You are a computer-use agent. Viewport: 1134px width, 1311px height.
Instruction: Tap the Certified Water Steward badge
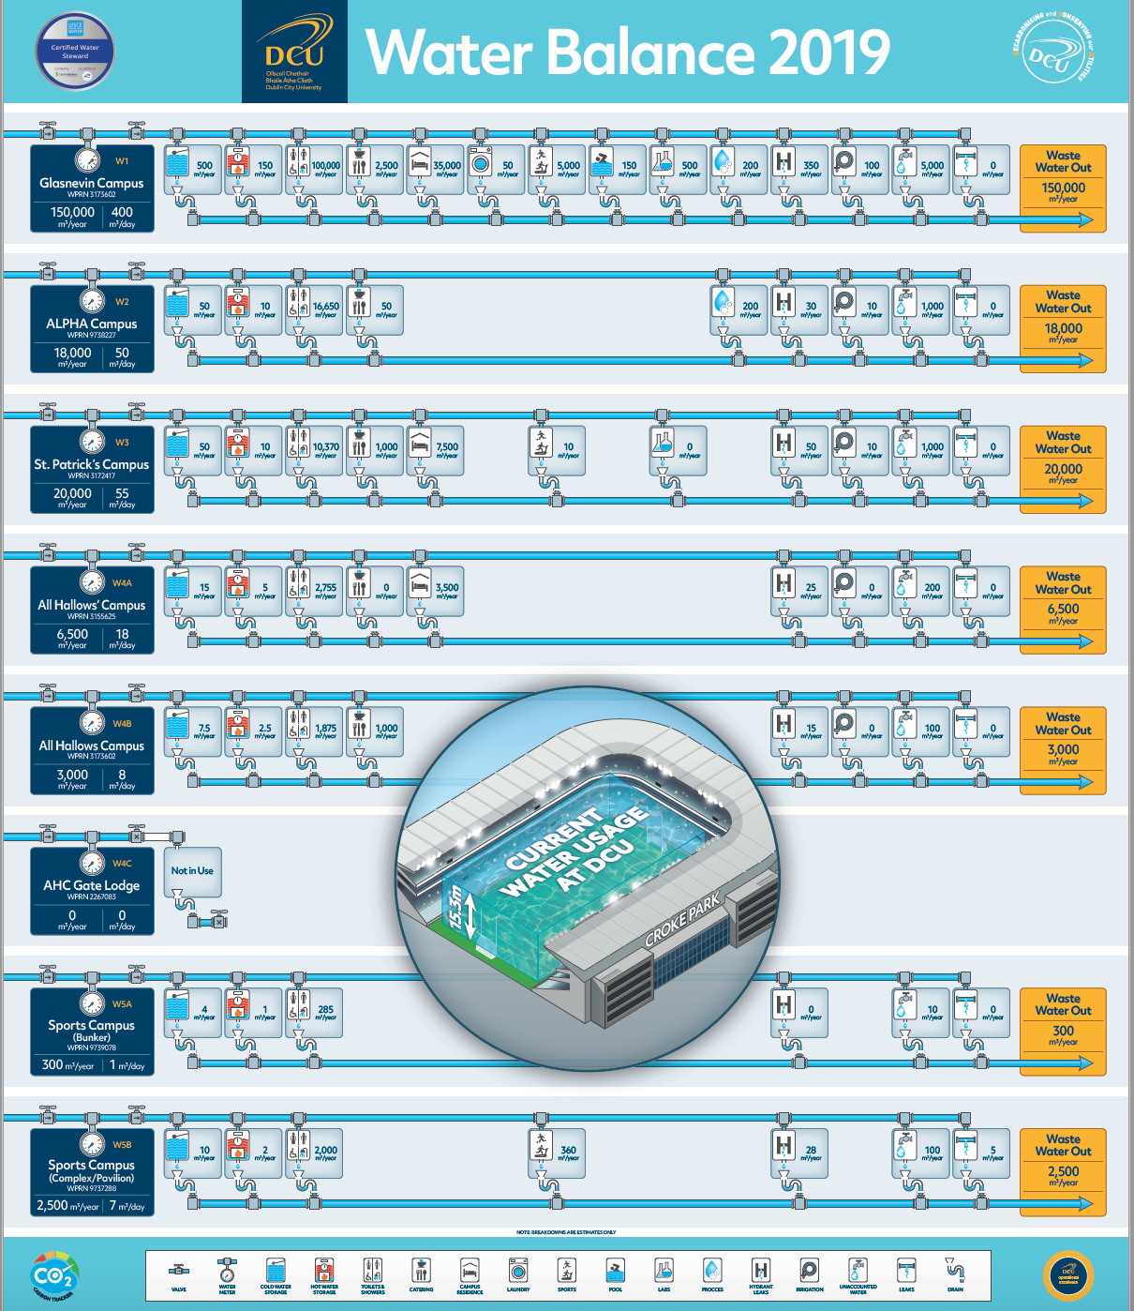pyautogui.click(x=75, y=51)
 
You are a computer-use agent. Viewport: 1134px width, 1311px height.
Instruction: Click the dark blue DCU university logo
pyautogui.click(x=294, y=52)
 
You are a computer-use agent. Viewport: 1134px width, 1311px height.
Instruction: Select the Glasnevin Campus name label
pyautogui.click(x=92, y=184)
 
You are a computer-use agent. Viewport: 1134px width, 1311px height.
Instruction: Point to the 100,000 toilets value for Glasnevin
pyautogui.click(x=325, y=166)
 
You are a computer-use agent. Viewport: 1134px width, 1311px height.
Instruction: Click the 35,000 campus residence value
pyautogui.click(x=447, y=166)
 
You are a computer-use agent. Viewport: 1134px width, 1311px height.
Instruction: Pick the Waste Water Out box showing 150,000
pyautogui.click(x=1063, y=188)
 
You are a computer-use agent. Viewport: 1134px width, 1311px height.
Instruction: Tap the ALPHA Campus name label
pyautogui.click(x=92, y=324)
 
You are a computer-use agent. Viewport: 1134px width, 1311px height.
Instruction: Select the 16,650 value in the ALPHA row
pyautogui.click(x=325, y=307)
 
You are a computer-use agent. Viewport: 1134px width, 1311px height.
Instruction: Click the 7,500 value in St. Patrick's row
pyautogui.click(x=447, y=447)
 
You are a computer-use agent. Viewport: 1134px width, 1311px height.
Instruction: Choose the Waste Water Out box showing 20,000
pyautogui.click(x=1063, y=469)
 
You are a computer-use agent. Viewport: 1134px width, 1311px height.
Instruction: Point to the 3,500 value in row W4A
pyautogui.click(x=447, y=588)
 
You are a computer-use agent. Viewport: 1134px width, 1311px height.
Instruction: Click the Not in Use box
pyautogui.click(x=192, y=871)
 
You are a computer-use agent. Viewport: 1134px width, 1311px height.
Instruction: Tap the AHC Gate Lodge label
pyautogui.click(x=92, y=885)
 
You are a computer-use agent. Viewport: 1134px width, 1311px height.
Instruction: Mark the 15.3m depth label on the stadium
pyautogui.click(x=456, y=908)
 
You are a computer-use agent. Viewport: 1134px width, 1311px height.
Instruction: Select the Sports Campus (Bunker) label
pyautogui.click(x=92, y=1030)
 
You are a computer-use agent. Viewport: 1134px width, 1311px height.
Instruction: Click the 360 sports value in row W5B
pyautogui.click(x=568, y=1150)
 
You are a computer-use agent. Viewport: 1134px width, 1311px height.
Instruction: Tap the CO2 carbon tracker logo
pyautogui.click(x=53, y=1276)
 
